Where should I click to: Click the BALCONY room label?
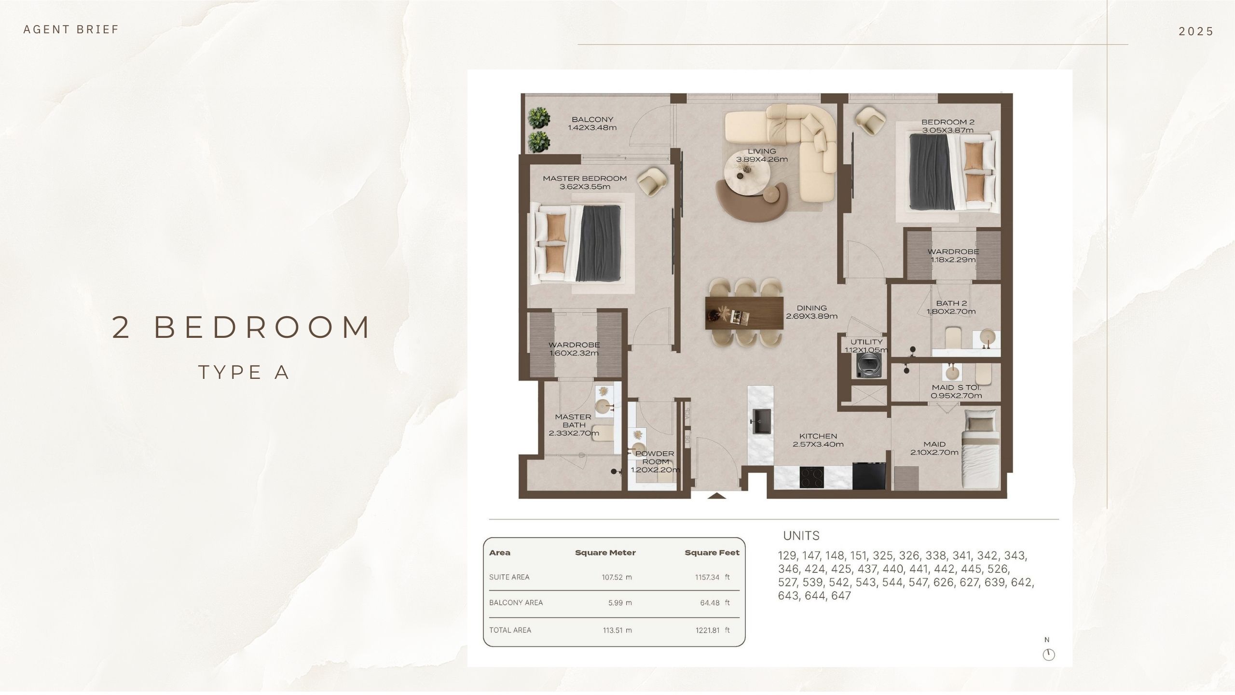592,120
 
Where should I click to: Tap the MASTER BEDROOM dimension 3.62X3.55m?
585,187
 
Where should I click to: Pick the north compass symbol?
1048,654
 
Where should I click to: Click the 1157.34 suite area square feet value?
707,577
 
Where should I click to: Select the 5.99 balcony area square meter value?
616,603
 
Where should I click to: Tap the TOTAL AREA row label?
510,630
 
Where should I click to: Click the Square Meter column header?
605,553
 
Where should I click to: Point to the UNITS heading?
801,536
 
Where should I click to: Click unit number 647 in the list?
841,596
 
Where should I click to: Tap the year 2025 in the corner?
1195,31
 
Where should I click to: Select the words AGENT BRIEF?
71,29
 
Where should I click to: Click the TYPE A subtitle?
244,372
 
